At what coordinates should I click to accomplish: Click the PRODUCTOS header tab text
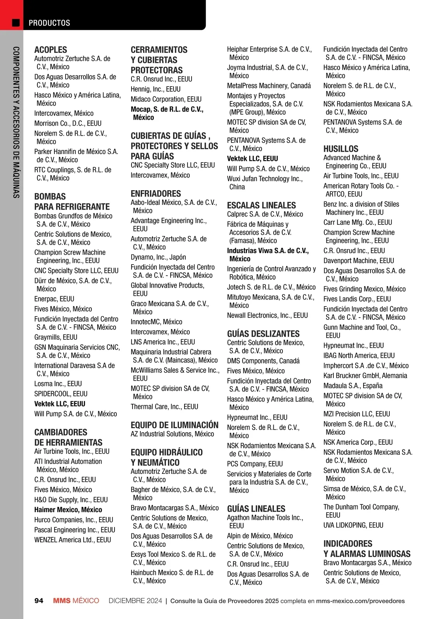tap(49, 23)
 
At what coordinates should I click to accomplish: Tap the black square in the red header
tap(16, 23)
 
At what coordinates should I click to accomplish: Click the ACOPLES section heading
tap(51, 50)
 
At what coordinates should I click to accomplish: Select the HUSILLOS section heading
tap(341, 149)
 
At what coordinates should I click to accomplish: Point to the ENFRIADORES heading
tap(156, 194)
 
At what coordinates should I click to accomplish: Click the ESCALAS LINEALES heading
tap(262, 206)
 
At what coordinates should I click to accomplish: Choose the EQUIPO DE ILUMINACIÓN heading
tap(175, 425)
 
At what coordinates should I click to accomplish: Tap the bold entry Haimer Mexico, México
tap(68, 510)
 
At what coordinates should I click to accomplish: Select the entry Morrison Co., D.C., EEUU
tap(68, 123)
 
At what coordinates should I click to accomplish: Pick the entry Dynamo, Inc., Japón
tap(158, 257)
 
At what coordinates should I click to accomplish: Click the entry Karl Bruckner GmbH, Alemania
tap(365, 376)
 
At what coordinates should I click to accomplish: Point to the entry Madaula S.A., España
tap(353, 386)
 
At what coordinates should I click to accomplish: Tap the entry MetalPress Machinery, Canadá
tap(269, 86)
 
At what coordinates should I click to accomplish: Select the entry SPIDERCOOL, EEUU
tap(61, 394)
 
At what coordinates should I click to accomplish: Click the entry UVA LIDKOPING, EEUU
tap(353, 525)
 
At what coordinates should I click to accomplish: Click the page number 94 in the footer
tap(39, 601)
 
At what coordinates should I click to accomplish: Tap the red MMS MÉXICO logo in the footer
tap(76, 601)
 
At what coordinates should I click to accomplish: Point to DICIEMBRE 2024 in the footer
tap(135, 601)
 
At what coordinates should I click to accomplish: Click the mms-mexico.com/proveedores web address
tap(360, 601)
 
